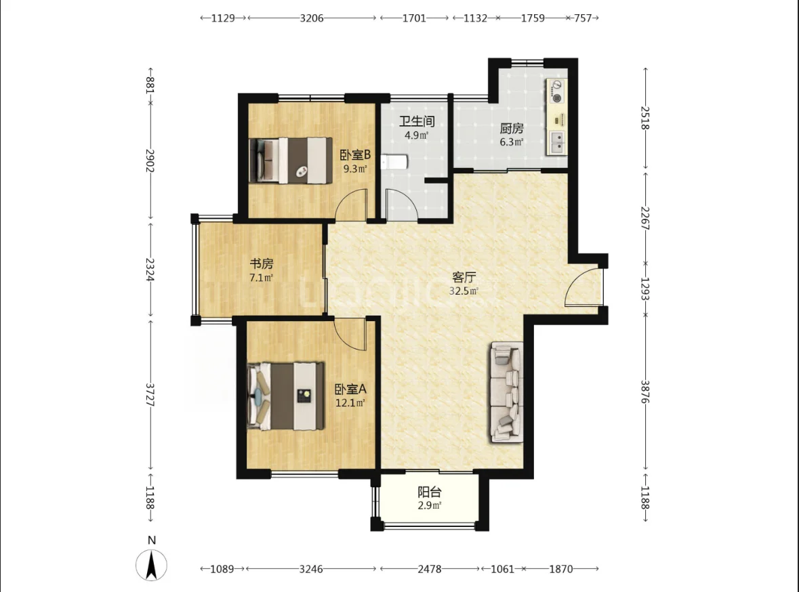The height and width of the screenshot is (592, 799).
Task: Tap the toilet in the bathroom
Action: pos(395,162)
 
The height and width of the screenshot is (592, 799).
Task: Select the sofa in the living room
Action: pos(507,392)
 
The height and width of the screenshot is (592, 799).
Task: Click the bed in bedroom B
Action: pos(291,160)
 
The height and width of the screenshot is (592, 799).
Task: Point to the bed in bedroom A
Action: pos(285,396)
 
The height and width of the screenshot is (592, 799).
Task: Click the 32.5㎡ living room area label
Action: pos(464,291)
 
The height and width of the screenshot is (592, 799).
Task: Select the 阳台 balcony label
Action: pos(430,492)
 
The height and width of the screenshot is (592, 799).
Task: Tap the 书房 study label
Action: pos(262,263)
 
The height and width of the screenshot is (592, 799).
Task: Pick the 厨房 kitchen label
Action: pos(512,128)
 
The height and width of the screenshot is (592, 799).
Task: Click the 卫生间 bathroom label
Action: pos(417,121)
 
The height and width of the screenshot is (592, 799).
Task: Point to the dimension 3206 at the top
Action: pos(311,18)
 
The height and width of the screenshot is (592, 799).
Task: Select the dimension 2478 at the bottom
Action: pos(430,568)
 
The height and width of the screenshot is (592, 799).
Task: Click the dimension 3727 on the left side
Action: pos(150,395)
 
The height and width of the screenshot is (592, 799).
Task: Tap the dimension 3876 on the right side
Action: pos(645,392)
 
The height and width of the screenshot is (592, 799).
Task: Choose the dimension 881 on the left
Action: pos(150,85)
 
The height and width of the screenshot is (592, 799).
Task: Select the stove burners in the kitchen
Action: pos(557,91)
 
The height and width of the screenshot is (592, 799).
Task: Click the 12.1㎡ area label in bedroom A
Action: pos(350,403)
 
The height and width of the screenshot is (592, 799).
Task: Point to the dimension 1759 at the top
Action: pos(533,18)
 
